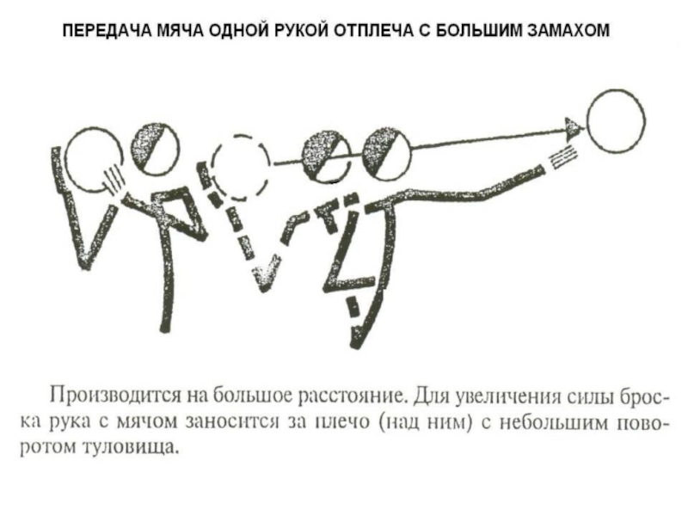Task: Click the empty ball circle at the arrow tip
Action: click(616, 121)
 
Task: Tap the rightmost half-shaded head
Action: click(387, 154)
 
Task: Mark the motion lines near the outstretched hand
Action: click(561, 159)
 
